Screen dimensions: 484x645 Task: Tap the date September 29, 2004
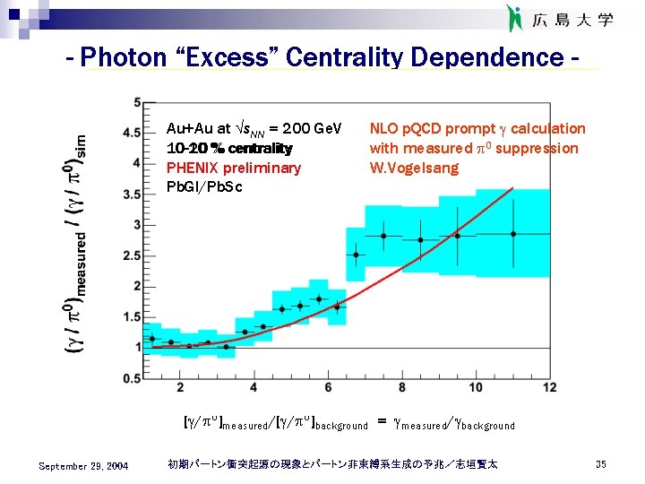(83, 465)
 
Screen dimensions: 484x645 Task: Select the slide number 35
(600, 464)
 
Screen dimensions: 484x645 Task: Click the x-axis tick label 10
(476, 387)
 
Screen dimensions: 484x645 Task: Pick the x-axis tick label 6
(328, 387)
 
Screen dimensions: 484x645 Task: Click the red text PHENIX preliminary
(234, 168)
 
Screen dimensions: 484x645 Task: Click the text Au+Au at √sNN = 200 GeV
(254, 129)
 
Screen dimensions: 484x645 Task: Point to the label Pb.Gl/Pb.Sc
(204, 186)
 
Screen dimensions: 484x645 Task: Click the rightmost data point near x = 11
(513, 234)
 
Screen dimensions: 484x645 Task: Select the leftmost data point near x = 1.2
(152, 339)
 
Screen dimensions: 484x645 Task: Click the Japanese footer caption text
(332, 464)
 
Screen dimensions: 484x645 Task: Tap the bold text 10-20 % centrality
(229, 148)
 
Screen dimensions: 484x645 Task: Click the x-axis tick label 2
(181, 387)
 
